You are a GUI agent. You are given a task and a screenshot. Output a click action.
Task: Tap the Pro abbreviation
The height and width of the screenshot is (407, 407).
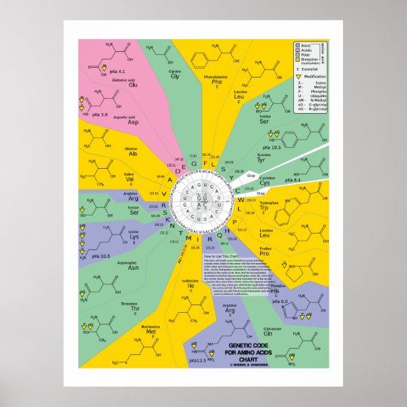coord(264,252)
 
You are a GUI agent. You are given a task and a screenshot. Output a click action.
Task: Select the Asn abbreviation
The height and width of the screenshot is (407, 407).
coord(133,268)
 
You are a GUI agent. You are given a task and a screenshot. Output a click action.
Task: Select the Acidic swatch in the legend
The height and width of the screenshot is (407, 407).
coord(299,50)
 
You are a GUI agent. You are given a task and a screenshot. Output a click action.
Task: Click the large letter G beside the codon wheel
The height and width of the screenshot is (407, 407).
coord(194,163)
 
